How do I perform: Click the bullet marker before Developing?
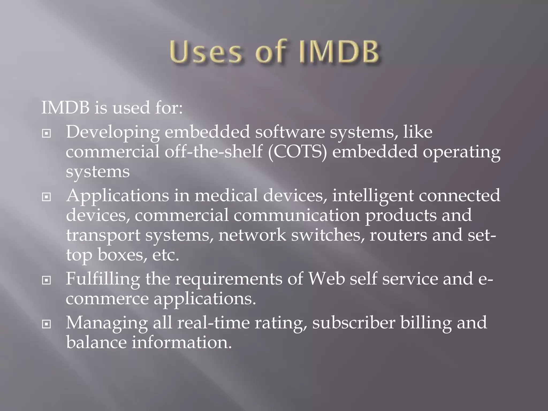pos(47,133)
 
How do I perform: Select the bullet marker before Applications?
pos(47,197)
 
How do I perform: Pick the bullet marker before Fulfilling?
pos(47,280)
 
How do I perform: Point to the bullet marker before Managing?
pos(47,324)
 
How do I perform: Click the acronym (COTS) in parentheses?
pos(297,152)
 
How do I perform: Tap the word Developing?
pos(113,132)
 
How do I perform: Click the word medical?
pos(226,196)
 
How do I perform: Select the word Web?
pos(326,279)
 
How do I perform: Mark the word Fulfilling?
pos(103,279)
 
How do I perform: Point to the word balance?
pos(96,342)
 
